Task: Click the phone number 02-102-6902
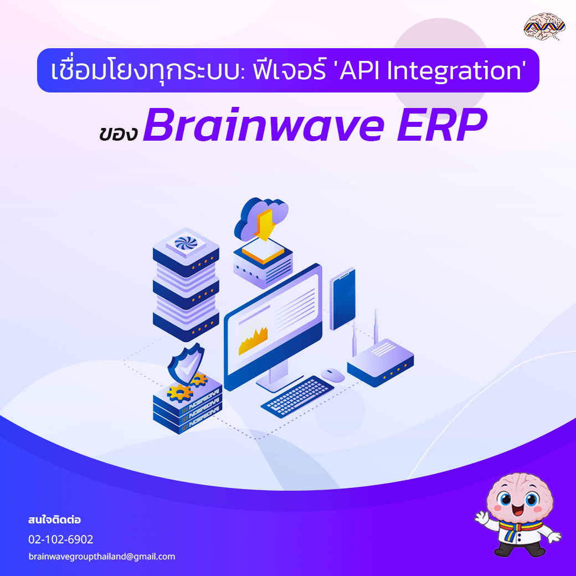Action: [x=61, y=539]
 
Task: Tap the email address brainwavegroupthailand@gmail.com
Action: [x=101, y=557]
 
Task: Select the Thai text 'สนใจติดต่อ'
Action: [x=55, y=521]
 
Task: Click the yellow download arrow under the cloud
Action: [x=265, y=224]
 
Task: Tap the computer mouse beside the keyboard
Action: [x=333, y=375]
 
